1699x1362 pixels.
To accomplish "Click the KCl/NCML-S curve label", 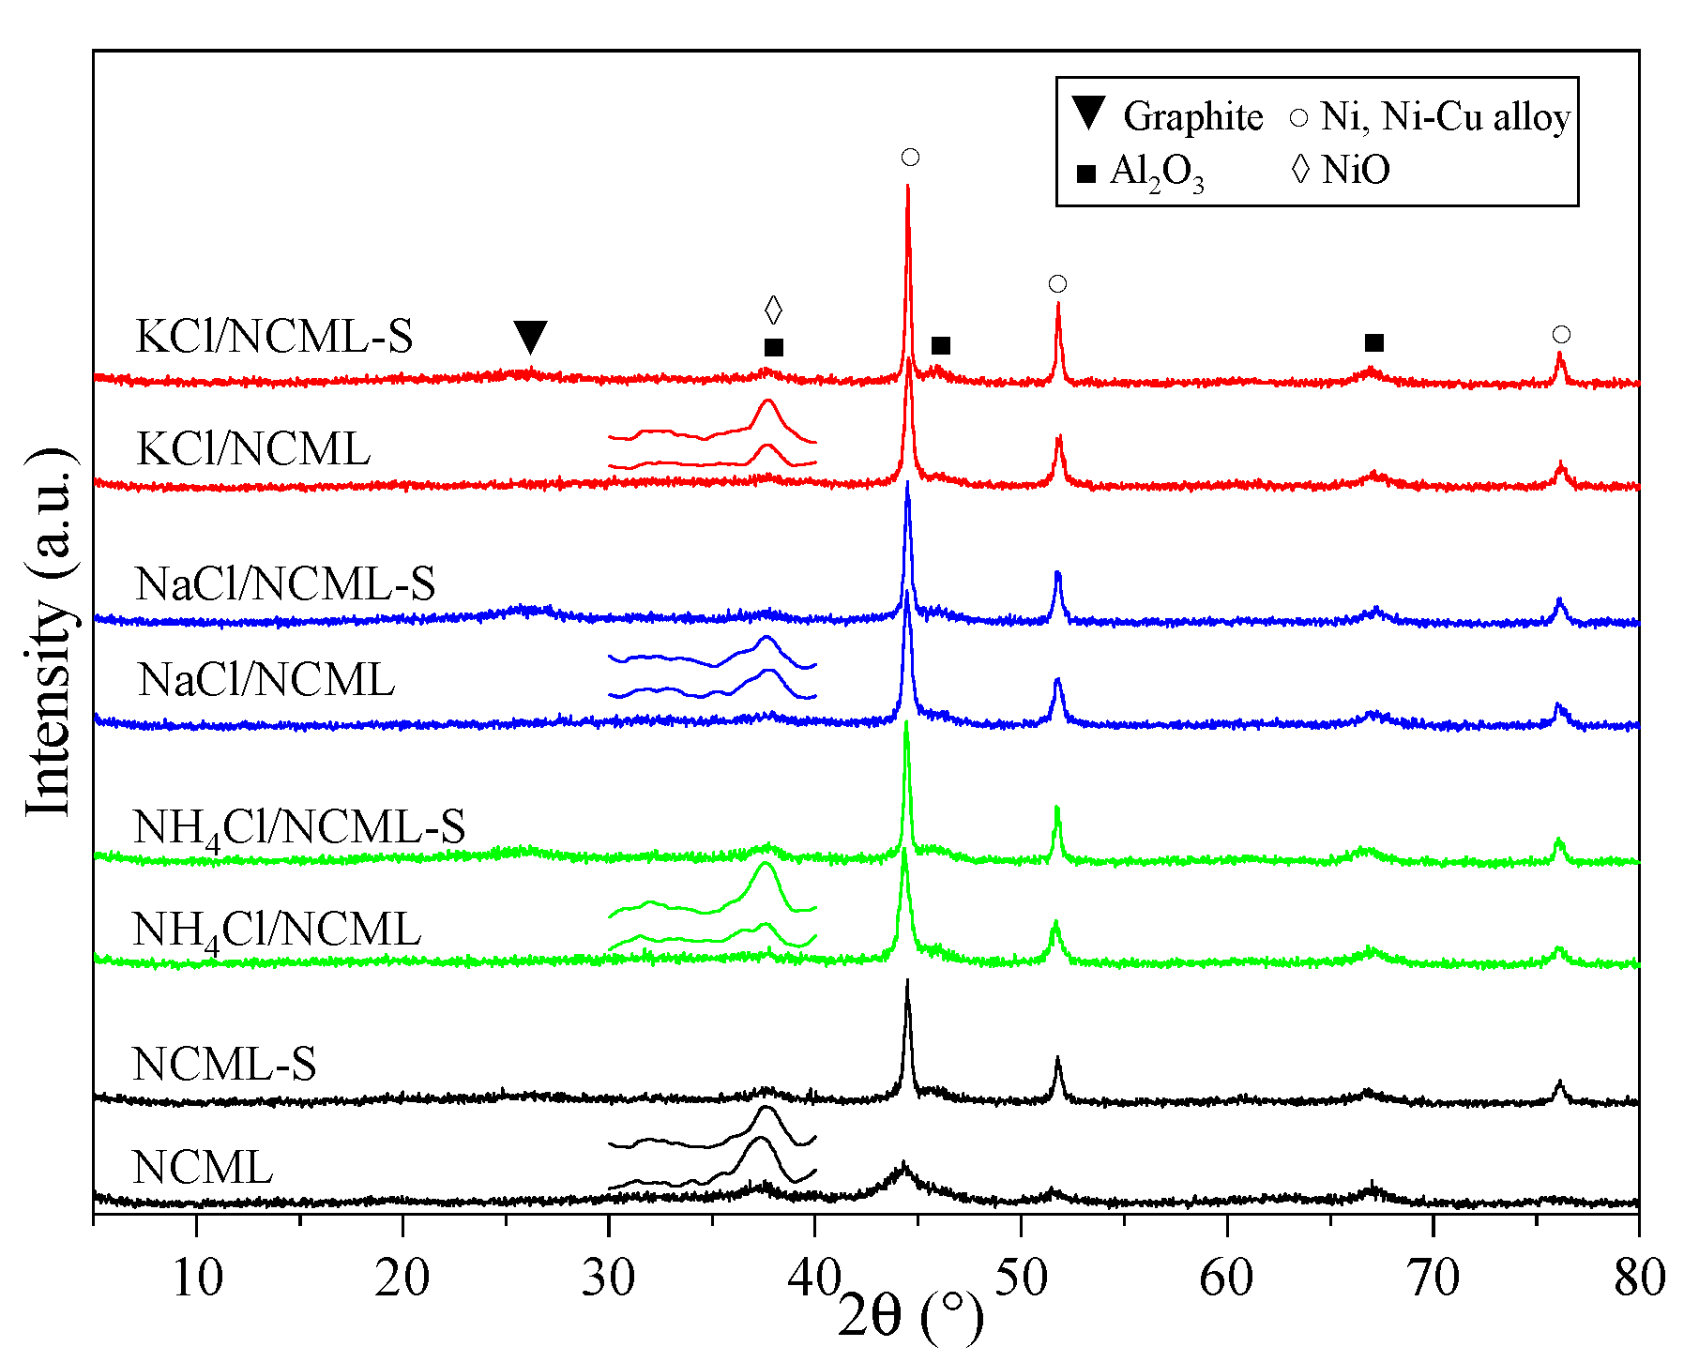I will coord(274,337).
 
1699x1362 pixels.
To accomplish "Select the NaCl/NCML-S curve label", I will coord(285,583).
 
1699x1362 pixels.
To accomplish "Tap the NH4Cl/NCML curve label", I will coord(277,931).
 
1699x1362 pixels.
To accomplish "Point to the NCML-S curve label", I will coord(224,1065).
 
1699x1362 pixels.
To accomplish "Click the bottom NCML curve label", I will coord(203,1168).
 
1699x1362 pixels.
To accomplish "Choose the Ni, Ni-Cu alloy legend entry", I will coord(1431,117).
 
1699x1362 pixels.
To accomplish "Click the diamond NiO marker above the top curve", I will coord(773,310).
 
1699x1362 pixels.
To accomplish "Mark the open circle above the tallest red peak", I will coord(910,158).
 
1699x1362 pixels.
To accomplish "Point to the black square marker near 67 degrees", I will coord(1374,342).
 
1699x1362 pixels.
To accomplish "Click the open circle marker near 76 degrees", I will coord(1561,335).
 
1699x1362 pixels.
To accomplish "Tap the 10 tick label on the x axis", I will coord(197,1278).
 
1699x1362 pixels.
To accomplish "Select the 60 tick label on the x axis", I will coord(1227,1278).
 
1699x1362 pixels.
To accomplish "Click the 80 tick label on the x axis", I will coord(1639,1278).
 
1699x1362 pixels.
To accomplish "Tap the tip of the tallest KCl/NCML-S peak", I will coord(908,186).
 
